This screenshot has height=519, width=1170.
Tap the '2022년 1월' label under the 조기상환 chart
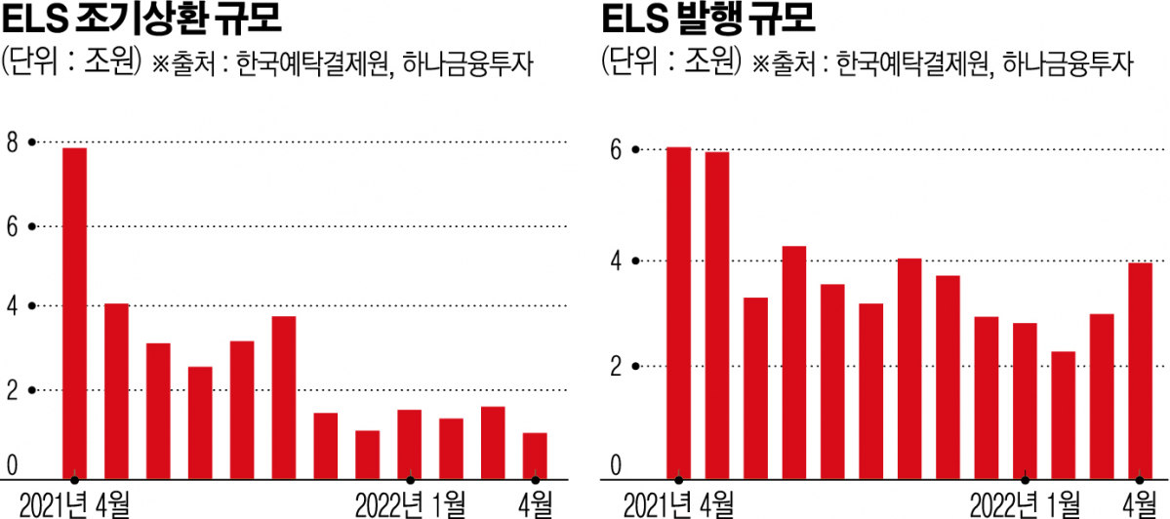tap(410, 505)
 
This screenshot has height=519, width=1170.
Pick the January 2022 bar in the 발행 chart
tap(1026, 401)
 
